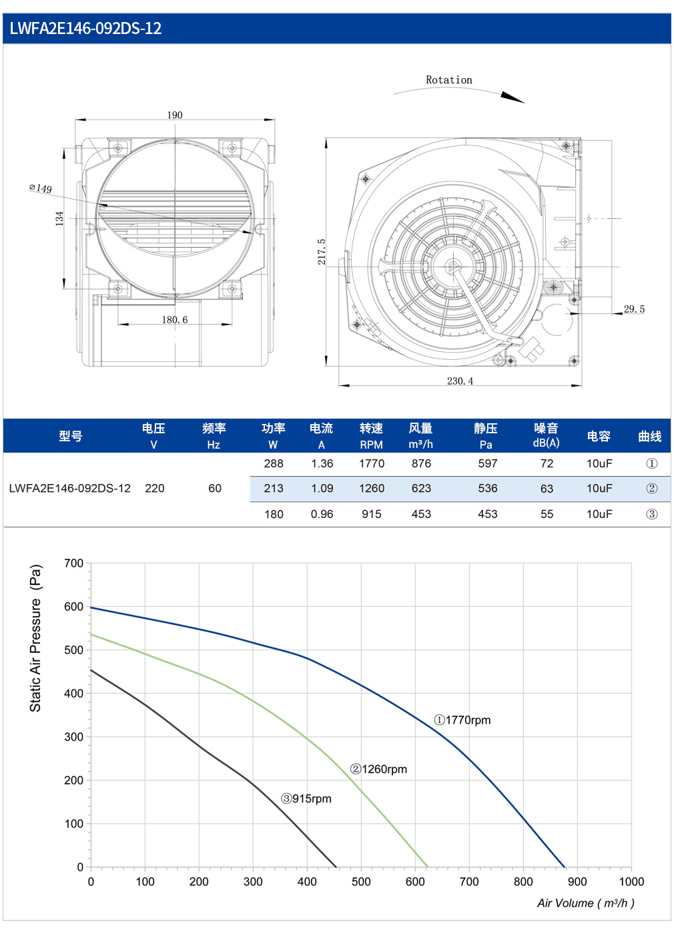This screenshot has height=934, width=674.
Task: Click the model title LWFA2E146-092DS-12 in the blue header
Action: tap(85, 28)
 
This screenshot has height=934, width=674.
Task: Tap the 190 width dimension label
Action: tap(175, 115)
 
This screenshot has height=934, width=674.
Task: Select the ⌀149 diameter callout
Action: tap(41, 188)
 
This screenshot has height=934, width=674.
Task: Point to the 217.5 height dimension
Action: tap(321, 252)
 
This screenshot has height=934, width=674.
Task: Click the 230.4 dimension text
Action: tap(460, 381)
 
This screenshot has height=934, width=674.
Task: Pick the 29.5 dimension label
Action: tap(634, 309)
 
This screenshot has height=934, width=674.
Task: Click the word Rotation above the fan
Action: tap(449, 79)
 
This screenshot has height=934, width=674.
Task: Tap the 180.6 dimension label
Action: tap(175, 320)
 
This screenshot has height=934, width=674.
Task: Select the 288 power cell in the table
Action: tap(274, 463)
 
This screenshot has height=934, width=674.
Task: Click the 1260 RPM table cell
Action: tap(372, 488)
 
